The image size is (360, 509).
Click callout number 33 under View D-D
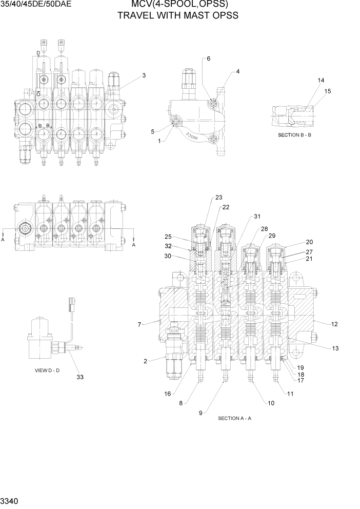80,377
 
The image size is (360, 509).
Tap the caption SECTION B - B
295,135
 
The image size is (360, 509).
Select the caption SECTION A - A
235,418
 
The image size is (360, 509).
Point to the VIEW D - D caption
47,370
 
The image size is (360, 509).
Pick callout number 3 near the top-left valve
144,75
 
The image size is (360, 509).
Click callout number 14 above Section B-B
321,81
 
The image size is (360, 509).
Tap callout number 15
328,91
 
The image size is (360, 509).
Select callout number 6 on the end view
209,58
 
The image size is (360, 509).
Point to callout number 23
219,198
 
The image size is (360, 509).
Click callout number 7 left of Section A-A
139,324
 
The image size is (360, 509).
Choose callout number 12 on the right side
335,324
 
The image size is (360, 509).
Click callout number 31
257,216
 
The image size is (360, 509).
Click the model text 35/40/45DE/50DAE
35,5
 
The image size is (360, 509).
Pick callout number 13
335,348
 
